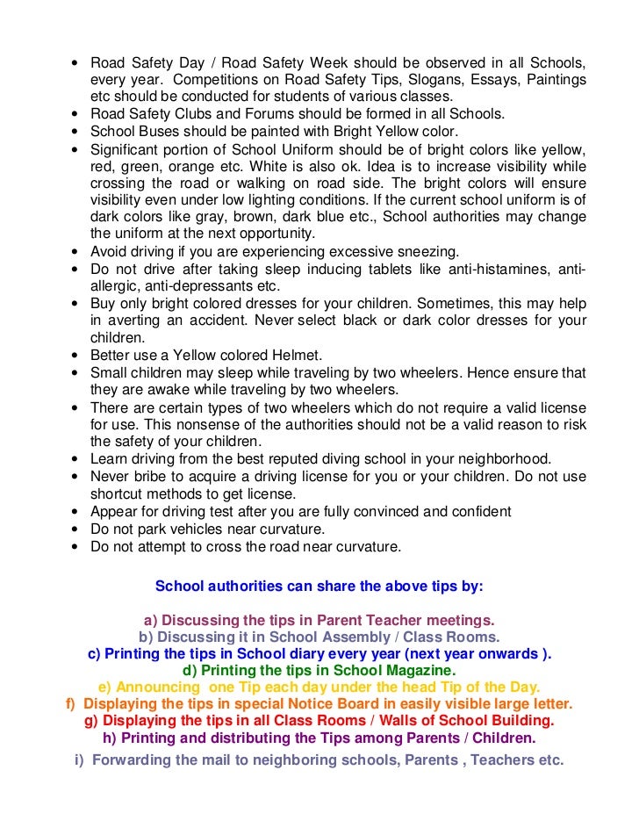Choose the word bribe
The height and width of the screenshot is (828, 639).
157,475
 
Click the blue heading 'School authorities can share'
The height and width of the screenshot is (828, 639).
319,586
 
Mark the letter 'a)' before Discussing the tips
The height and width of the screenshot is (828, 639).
149,619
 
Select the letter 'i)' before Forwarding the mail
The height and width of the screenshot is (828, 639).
80,760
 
